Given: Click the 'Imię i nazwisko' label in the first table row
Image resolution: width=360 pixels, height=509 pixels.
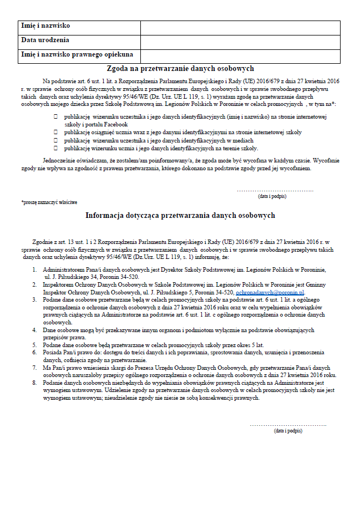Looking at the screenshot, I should pyautogui.click(x=45, y=26).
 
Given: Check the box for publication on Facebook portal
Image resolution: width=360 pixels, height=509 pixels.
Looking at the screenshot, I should pyautogui.click(x=55, y=117).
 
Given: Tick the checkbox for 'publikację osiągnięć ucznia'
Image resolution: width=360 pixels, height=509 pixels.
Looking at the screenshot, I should pyautogui.click(x=55, y=133).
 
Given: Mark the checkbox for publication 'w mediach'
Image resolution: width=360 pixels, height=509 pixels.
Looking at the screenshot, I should pyautogui.click(x=55, y=140).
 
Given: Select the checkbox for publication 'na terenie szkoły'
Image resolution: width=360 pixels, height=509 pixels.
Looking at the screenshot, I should pyautogui.click(x=55, y=148).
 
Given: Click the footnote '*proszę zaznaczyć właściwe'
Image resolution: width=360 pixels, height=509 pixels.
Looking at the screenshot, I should pyautogui.click(x=49, y=202).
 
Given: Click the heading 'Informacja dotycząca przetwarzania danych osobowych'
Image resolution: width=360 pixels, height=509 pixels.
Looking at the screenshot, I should pyautogui.click(x=180, y=215).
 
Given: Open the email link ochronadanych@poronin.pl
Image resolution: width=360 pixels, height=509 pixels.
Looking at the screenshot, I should pyautogui.click(x=270, y=292).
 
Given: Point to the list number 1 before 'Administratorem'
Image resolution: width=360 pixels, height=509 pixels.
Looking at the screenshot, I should pyautogui.click(x=34, y=269).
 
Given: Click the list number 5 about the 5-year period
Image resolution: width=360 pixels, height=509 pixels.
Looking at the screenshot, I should pyautogui.click(x=34, y=344).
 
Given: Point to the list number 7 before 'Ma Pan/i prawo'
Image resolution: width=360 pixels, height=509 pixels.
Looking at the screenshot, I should pyautogui.click(x=34, y=367).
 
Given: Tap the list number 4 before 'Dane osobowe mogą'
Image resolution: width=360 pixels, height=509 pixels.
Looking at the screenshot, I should pyautogui.click(x=34, y=329).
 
